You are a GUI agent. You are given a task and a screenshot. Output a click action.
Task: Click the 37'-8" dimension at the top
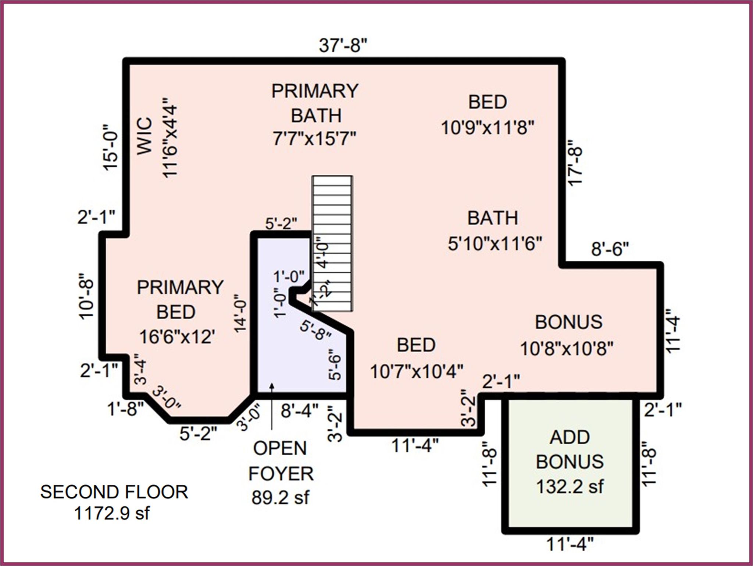pyautogui.click(x=343, y=46)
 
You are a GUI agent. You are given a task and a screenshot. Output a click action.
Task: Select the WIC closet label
pyautogui.click(x=144, y=136)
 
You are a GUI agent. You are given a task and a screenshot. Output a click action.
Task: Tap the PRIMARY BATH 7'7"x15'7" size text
pyautogui.click(x=314, y=139)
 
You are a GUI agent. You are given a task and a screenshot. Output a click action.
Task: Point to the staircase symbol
pyautogui.click(x=332, y=243)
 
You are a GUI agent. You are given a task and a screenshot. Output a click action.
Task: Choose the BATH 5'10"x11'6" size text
pyautogui.click(x=495, y=243)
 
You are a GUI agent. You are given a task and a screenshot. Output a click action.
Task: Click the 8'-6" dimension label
pyautogui.click(x=610, y=249)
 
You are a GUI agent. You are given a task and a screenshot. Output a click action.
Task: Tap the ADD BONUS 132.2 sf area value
pyautogui.click(x=570, y=487)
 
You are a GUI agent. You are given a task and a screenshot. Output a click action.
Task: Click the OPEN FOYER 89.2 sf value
pyautogui.click(x=280, y=498)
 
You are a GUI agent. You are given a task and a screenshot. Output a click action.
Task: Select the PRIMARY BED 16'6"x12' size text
pyautogui.click(x=177, y=337)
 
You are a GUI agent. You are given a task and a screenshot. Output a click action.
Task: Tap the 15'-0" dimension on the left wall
pyautogui.click(x=110, y=146)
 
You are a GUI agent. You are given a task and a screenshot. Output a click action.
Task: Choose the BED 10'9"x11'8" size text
pyautogui.click(x=488, y=128)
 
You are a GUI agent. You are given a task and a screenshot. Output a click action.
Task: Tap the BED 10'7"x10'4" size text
pyautogui.click(x=417, y=371)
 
